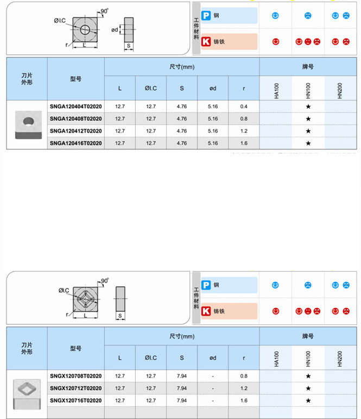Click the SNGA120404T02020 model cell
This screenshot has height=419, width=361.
75,107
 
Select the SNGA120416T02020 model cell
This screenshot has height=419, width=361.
75,143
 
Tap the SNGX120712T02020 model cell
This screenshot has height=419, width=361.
75,388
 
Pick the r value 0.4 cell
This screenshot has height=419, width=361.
244,107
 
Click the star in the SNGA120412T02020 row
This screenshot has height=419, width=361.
308,131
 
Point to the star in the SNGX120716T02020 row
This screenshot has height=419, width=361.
308,400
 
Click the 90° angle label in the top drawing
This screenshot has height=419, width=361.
104,11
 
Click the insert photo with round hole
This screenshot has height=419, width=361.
27,125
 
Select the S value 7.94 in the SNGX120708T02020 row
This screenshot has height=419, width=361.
182,376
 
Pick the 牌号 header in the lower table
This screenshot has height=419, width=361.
308,336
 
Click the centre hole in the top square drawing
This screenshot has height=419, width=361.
86,30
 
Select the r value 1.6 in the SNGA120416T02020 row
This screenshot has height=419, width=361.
244,143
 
